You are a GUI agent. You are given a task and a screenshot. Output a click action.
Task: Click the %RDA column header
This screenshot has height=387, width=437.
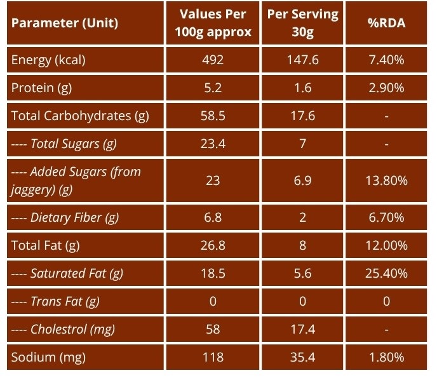click(x=386, y=23)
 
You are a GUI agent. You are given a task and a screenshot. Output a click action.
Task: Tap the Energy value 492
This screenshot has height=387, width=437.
click(x=213, y=60)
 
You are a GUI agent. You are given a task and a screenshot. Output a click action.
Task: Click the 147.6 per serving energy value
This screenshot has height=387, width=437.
click(x=303, y=60)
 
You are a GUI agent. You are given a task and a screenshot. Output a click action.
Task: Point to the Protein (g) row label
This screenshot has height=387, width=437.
click(x=41, y=88)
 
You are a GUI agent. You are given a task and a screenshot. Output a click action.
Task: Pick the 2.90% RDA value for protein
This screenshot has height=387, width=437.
click(x=386, y=88)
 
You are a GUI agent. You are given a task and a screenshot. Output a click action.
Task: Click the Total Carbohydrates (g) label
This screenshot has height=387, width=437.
click(x=80, y=116)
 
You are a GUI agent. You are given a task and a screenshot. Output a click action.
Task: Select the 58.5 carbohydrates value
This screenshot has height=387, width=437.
click(x=213, y=116)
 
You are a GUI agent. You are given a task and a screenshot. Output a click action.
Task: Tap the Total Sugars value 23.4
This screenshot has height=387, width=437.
click(x=213, y=144)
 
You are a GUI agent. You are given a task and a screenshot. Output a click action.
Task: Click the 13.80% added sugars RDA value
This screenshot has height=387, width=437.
click(x=386, y=180)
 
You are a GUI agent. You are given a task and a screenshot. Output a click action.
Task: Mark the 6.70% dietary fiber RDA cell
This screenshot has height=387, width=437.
click(x=386, y=217)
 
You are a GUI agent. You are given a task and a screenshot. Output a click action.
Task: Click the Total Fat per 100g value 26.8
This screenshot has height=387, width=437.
click(x=213, y=245)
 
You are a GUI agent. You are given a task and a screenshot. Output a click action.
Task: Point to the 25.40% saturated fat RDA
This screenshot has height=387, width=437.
click(x=386, y=273)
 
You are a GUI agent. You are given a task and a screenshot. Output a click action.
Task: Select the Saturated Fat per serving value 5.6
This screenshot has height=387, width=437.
click(x=303, y=273)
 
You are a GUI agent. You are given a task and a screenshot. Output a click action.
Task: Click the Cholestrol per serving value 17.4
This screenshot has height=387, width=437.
click(x=303, y=329)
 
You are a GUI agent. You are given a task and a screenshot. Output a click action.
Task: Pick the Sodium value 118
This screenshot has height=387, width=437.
click(x=213, y=357)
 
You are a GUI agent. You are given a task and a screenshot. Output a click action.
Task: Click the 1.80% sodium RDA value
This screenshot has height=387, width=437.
click(x=386, y=357)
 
